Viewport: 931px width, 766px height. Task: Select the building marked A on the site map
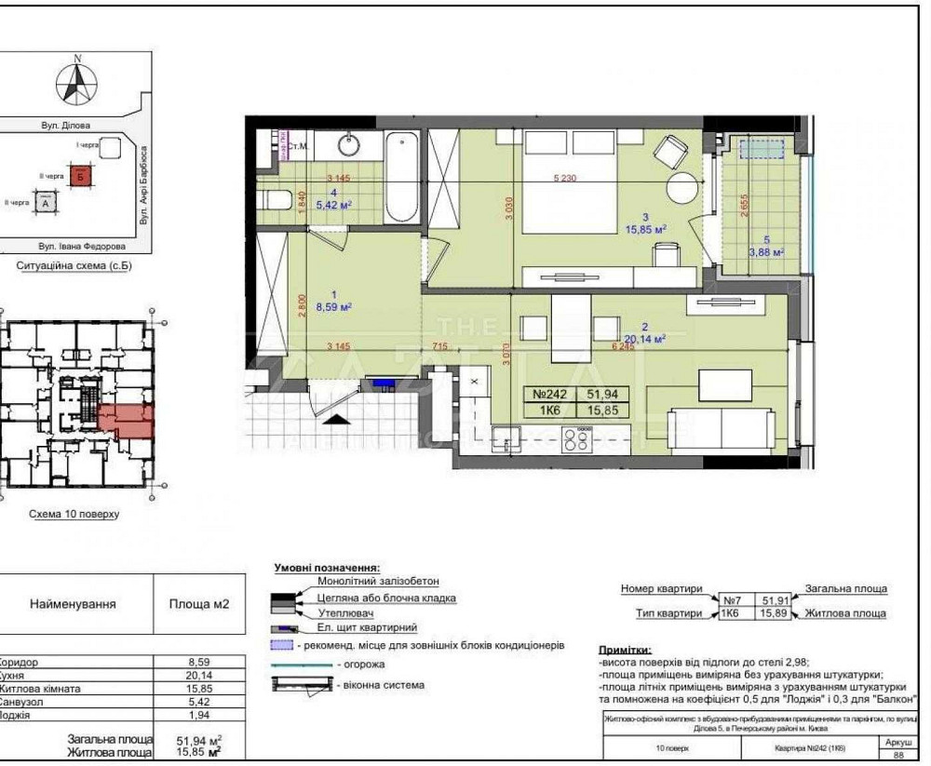(44, 201)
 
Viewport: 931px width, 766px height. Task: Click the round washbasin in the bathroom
(349, 146)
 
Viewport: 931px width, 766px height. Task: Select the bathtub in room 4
(401, 177)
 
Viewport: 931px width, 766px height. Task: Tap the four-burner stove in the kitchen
(577, 439)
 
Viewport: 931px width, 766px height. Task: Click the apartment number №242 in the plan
(551, 394)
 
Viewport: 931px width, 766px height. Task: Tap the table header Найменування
(73, 604)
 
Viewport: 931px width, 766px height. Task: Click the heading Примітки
(625, 649)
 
